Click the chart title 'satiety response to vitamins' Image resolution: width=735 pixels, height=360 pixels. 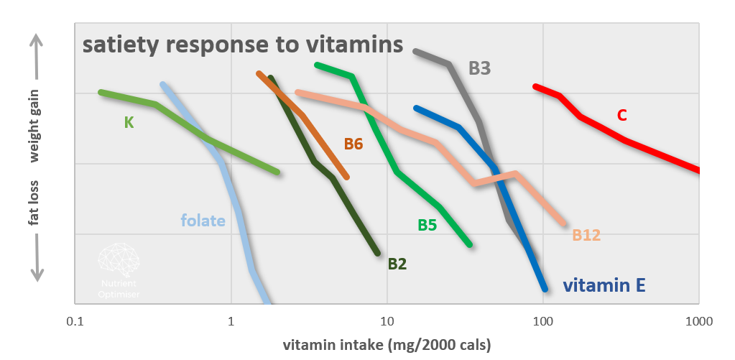(242, 45)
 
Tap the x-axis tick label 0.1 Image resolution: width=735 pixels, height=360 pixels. (75, 320)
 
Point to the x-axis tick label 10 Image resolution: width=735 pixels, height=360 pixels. (387, 320)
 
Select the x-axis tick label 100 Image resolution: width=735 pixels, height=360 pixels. (542, 320)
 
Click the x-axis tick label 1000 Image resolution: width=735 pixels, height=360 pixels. (698, 320)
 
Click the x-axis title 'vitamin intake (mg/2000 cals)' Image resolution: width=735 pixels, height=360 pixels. (387, 344)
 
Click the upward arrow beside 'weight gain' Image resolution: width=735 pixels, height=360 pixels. (37, 57)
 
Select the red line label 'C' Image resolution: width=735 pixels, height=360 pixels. (622, 115)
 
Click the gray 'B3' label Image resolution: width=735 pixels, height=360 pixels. (480, 69)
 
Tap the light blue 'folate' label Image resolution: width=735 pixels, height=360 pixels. (203, 220)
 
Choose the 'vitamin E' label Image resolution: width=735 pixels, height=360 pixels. (604, 285)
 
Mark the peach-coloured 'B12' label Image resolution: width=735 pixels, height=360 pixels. (586, 235)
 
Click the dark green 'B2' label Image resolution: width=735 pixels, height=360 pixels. (397, 264)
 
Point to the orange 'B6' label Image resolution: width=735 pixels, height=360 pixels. (353, 144)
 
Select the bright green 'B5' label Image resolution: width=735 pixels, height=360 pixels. (427, 225)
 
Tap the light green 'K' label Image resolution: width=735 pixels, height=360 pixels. (129, 122)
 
